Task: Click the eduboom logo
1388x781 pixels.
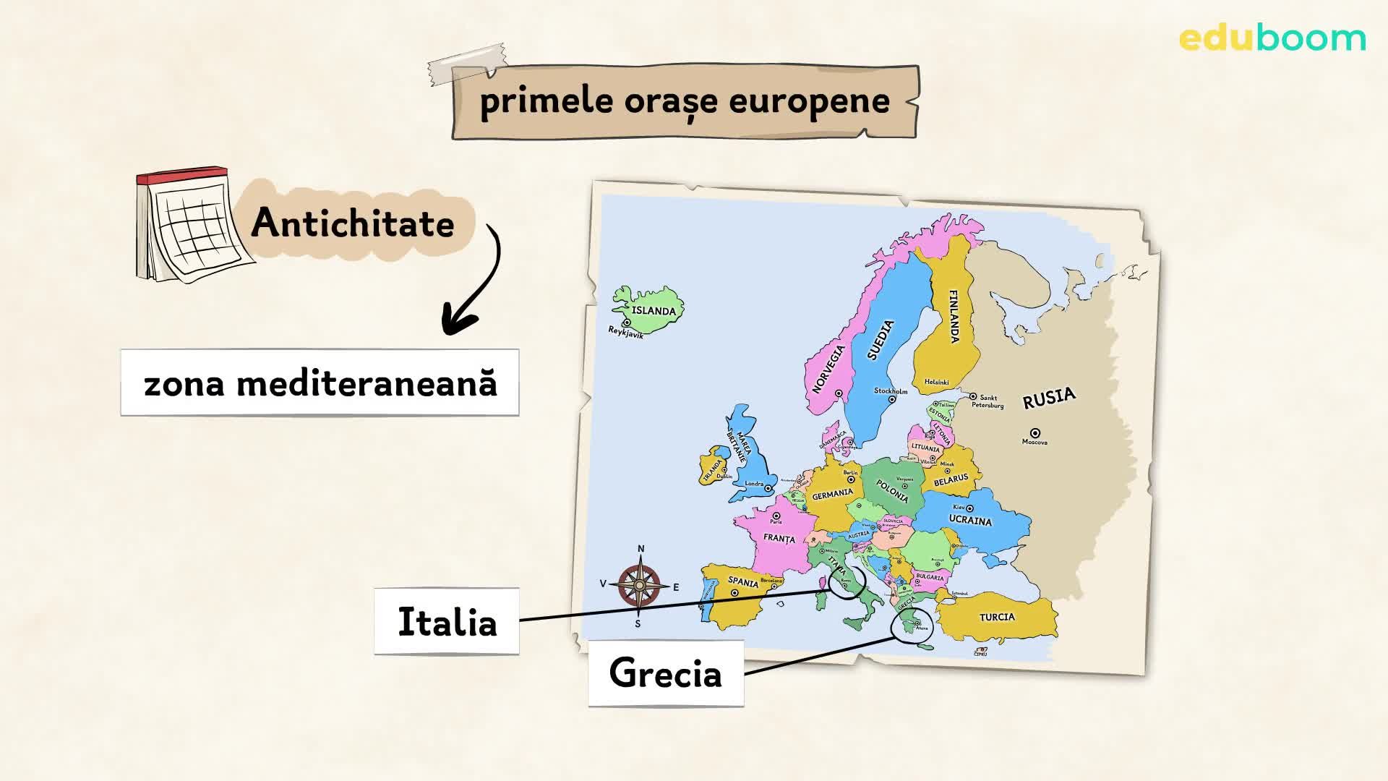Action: [1272, 38]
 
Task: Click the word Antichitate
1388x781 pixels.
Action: [353, 223]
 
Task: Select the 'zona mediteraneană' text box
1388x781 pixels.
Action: [320, 383]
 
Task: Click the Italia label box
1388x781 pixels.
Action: [447, 622]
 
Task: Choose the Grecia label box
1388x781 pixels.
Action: [666, 674]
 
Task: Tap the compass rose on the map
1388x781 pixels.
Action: [640, 584]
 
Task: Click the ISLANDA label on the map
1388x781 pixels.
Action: [654, 311]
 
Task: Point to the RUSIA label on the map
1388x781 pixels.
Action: [1049, 398]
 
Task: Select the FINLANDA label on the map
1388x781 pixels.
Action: [954, 317]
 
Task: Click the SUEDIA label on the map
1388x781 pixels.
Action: [880, 340]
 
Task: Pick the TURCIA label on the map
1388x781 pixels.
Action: [997, 617]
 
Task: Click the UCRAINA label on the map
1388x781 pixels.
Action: [970, 521]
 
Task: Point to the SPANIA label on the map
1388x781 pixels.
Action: [743, 582]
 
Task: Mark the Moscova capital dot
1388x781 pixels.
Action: [1035, 432]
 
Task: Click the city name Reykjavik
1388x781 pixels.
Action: [625, 333]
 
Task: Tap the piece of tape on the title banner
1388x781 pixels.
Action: [466, 62]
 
